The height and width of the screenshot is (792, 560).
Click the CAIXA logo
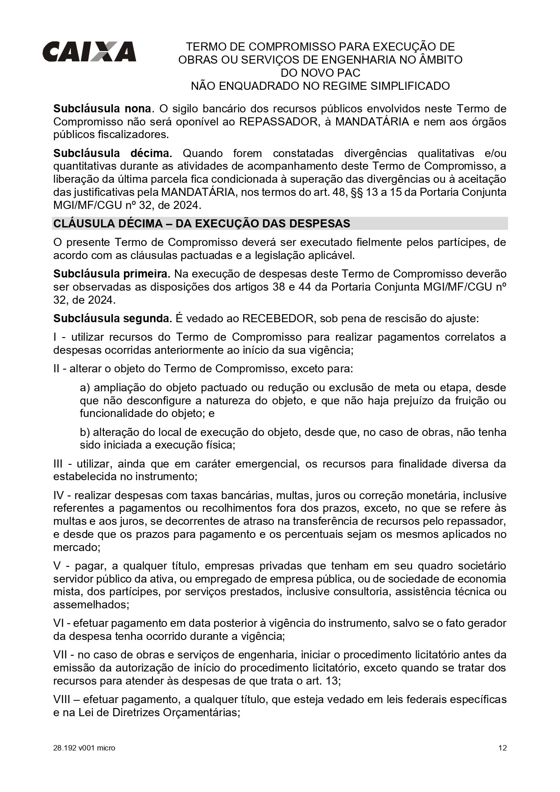pyautogui.click(x=89, y=52)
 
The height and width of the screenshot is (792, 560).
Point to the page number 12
pyautogui.click(x=502, y=748)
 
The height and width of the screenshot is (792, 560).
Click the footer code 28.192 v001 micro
pyautogui.click(x=84, y=748)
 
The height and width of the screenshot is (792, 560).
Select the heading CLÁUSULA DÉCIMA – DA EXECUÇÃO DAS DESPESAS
pyautogui.click(x=202, y=224)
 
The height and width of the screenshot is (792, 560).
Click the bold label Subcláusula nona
pyautogui.click(x=102, y=109)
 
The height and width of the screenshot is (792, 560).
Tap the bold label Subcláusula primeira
pyautogui.click(x=111, y=274)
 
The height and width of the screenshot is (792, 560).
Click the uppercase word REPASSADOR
pyautogui.click(x=278, y=122)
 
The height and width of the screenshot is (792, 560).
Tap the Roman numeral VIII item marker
pyautogui.click(x=62, y=699)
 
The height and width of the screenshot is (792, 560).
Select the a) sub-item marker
pyautogui.click(x=85, y=388)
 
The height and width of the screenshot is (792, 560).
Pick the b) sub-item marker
pyautogui.click(x=85, y=432)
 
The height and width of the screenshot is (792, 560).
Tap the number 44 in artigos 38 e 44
pyautogui.click(x=305, y=287)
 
